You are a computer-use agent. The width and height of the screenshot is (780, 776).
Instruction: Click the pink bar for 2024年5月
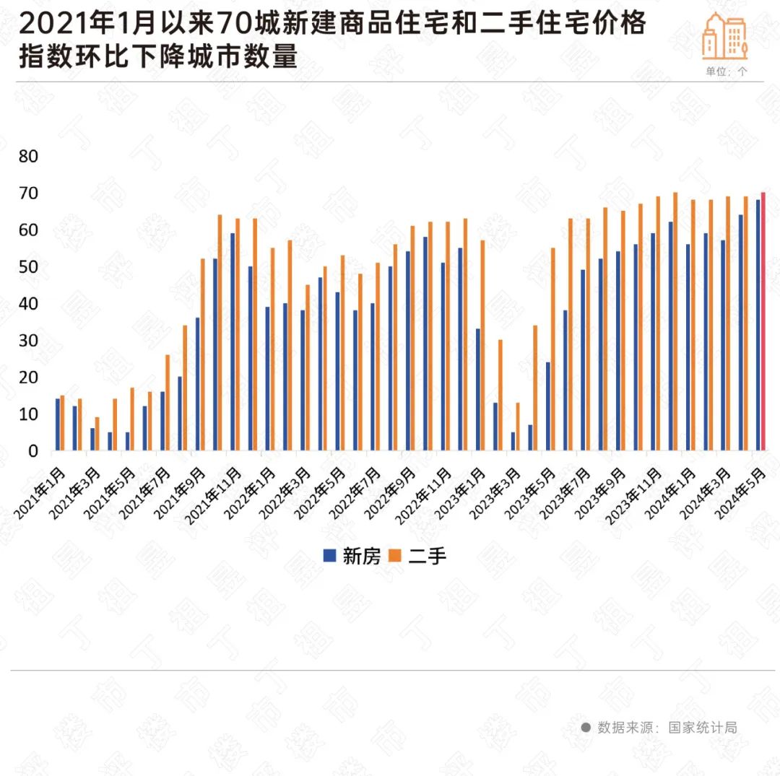click(x=763, y=322)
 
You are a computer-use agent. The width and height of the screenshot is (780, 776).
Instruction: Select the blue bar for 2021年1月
click(x=58, y=424)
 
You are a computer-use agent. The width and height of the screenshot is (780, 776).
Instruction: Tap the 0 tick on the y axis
click(x=32, y=451)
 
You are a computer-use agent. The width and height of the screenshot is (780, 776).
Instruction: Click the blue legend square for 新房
click(x=330, y=555)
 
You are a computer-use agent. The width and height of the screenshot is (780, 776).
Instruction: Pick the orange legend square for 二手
click(x=396, y=555)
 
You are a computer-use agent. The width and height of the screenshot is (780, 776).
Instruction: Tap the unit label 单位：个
click(x=727, y=71)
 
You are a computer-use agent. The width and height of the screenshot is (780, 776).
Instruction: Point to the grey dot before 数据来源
click(x=586, y=728)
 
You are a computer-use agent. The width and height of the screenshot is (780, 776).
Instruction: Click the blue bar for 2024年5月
click(x=758, y=326)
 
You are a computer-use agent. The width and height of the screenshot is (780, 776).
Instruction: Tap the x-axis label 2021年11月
click(x=214, y=495)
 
